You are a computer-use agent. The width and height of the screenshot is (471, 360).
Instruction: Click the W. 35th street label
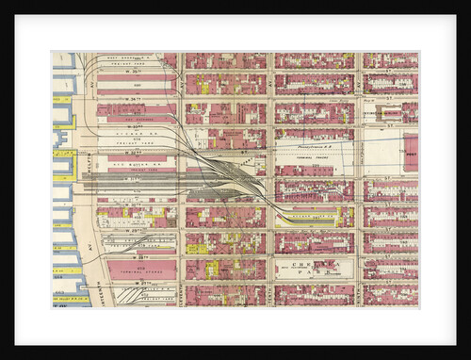click(x=136, y=73)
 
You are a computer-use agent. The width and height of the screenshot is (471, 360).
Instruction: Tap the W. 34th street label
click(x=136, y=98)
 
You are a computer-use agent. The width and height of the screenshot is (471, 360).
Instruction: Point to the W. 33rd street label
click(x=136, y=123)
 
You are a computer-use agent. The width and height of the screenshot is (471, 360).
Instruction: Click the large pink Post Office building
click(x=411, y=151)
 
